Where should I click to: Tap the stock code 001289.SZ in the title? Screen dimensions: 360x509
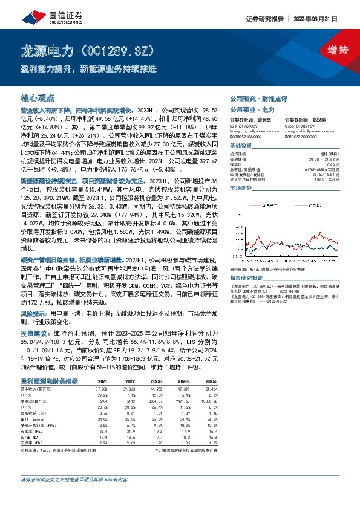click(x=125, y=50)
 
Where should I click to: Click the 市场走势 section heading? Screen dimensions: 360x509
click(x=240, y=190)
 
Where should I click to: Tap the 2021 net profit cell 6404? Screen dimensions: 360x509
click(x=103, y=401)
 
